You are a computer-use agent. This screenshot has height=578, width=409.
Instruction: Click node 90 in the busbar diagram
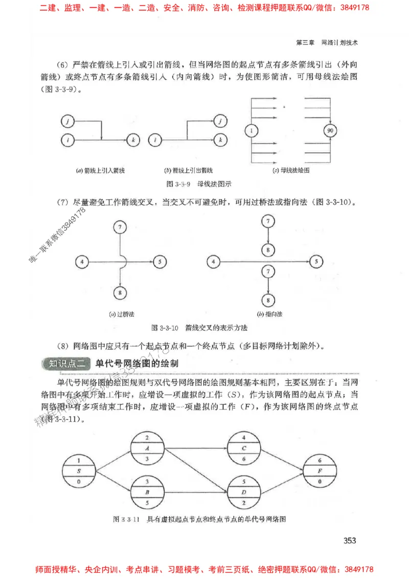click(330, 131)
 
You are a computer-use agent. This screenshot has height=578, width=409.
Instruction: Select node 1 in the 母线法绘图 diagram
click(252, 131)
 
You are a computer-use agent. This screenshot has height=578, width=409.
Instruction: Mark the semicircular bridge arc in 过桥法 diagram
click(124, 261)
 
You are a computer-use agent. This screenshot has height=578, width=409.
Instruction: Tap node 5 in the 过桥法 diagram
click(160, 262)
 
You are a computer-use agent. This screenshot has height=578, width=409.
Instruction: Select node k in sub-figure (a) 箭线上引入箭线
click(133, 139)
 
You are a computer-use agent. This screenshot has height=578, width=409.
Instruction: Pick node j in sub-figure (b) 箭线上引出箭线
click(220, 121)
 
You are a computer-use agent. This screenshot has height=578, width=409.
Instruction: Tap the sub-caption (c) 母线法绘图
click(291, 170)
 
